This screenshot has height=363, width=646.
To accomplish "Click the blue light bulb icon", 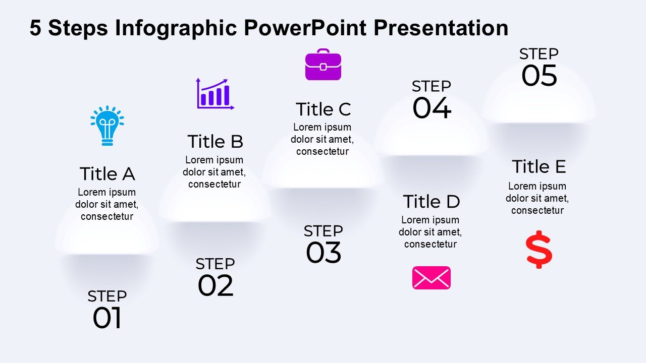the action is point(107,126).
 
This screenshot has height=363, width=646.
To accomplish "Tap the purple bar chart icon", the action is point(215,94).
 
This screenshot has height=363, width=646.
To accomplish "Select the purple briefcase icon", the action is point(324,65).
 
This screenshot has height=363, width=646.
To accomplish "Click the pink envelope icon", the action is point(432,278).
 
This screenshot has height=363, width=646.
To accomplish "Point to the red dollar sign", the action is point(539,250).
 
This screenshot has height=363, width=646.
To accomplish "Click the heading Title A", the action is point(107,174).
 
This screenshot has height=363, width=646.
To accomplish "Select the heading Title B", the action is point(215,142).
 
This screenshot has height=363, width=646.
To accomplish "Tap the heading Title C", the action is point(324,109).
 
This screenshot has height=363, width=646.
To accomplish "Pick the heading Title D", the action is point(432,201).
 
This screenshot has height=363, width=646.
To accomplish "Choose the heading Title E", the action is point(539,166).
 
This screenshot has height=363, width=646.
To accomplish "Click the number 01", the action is point(107,318).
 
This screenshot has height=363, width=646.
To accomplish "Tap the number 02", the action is point(216,285).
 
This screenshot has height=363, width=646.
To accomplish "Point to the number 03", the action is point(324,253).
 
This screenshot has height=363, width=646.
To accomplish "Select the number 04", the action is point(432,108).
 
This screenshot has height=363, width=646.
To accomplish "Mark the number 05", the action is point(540,76).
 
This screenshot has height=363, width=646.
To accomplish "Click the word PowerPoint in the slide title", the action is point(305,28).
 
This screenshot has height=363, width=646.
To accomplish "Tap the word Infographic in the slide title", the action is point(176,29).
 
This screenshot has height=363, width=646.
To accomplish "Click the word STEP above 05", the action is point(539,54).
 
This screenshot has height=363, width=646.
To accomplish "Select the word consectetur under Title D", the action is point(430,245).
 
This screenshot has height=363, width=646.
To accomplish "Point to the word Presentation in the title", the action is point(441,28).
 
